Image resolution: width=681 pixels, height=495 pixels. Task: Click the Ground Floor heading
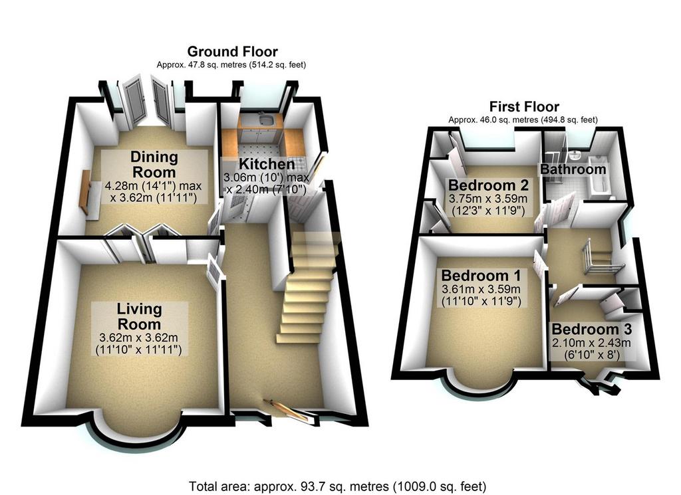click(232, 52)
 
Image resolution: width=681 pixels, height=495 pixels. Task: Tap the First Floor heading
click(524, 106)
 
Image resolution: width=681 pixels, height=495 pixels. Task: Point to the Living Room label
click(139, 316)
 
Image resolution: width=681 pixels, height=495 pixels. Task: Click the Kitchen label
click(267, 164)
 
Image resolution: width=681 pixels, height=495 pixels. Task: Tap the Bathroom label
click(573, 169)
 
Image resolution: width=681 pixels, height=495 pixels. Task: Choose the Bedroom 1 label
click(481, 276)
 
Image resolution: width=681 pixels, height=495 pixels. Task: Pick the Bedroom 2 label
click(488, 185)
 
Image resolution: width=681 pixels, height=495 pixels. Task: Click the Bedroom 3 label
click(591, 330)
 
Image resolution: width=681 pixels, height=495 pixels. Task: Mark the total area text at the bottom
click(337, 486)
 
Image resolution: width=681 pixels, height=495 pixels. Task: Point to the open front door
click(289, 411)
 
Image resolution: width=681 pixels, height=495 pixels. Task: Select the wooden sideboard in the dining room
click(86, 193)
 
